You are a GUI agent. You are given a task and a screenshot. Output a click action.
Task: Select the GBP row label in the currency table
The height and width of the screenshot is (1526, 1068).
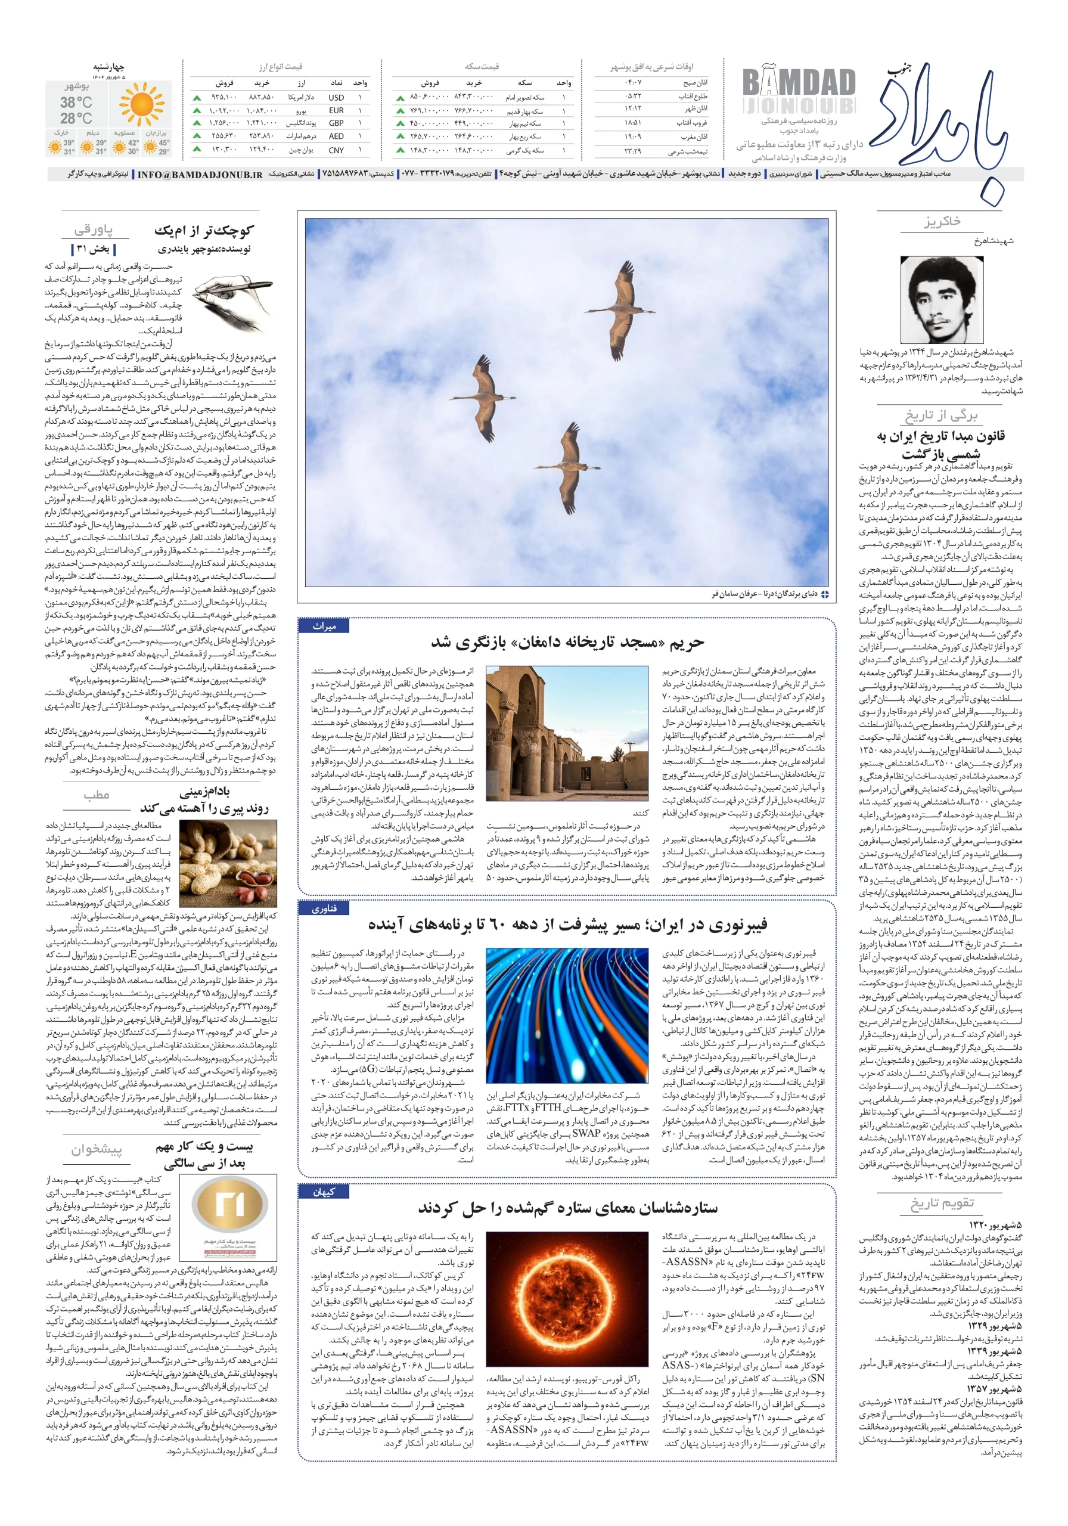(336, 123)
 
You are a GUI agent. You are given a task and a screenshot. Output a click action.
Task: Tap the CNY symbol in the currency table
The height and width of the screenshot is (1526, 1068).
(336, 150)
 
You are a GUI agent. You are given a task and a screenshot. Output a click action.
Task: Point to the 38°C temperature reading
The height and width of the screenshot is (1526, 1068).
(76, 103)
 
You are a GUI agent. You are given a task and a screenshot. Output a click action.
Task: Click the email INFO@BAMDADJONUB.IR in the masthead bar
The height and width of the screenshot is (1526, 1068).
(200, 174)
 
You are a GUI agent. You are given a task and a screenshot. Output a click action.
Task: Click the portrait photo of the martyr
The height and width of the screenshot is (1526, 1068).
(946, 300)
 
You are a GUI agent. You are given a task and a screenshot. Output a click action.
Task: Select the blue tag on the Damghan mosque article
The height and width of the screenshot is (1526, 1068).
(324, 626)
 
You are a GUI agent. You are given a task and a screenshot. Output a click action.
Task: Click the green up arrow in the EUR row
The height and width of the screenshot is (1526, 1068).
(197, 110)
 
